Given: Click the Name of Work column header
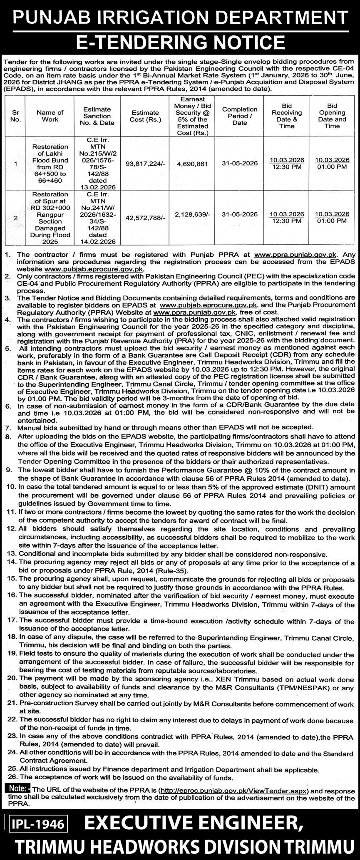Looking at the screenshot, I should coord(50,116).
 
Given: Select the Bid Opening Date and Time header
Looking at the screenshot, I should coord(332,116).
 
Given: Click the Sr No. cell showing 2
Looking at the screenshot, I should coord(16,218).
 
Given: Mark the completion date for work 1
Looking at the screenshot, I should coord(239,164).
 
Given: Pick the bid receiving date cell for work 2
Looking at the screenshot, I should coord(287,218).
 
